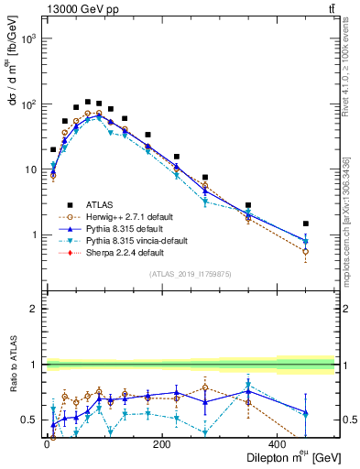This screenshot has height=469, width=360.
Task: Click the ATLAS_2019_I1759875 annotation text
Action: [x=191, y=274]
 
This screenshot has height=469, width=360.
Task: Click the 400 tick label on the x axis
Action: [x=278, y=446]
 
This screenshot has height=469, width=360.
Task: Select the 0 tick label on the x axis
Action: [x=47, y=446]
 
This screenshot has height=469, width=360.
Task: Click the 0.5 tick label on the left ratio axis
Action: [x=28, y=420]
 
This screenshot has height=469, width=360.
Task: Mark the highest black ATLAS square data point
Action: [x=88, y=102]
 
